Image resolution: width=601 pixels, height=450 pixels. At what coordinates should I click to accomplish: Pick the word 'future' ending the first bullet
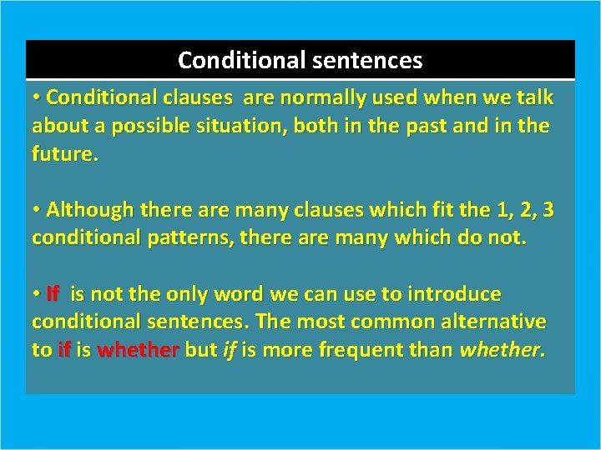click(x=63, y=154)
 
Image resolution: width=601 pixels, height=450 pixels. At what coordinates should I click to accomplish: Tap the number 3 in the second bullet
click(x=547, y=210)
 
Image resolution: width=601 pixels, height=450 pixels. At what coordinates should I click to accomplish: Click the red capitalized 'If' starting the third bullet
click(x=53, y=294)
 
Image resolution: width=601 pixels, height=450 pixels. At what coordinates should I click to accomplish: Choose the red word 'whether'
click(x=138, y=351)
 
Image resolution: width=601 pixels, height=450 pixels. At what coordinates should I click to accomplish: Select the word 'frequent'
click(x=353, y=351)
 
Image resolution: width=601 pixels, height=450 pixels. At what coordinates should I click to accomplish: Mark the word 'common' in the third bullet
click(x=383, y=322)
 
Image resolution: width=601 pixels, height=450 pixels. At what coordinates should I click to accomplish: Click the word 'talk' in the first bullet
click(x=534, y=98)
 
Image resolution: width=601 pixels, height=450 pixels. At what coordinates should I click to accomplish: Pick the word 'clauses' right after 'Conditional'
click(x=198, y=98)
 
